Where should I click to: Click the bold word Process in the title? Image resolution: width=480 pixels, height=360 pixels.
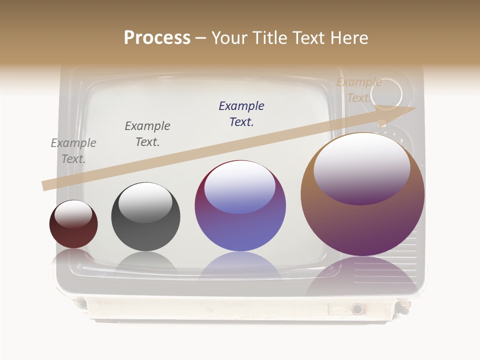click(x=157, y=38)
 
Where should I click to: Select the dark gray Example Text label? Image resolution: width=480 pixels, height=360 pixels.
click(x=147, y=134)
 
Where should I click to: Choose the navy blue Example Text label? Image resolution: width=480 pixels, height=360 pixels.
click(x=241, y=114)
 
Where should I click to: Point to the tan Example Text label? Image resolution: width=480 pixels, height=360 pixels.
click(x=358, y=90)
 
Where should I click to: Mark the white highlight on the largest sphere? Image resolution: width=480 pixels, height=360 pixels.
click(x=361, y=167)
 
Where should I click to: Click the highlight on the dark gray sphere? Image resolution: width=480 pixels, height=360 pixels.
click(x=145, y=202)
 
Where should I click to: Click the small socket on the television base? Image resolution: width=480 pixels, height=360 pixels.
click(x=357, y=309)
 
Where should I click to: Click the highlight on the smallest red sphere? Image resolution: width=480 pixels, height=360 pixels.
click(x=73, y=214)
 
